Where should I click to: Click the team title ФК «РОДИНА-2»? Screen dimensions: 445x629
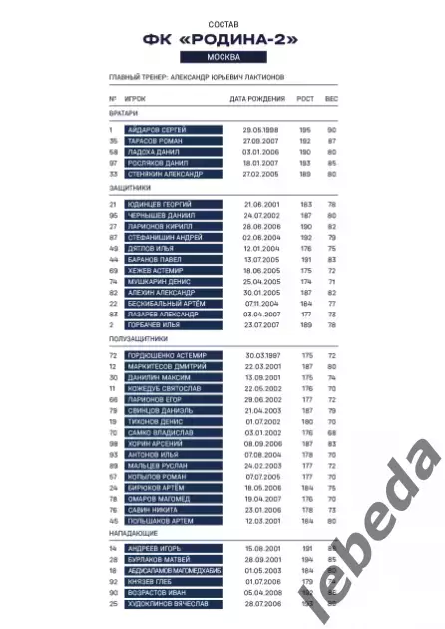point(222,39)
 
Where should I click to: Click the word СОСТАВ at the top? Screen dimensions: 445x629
point(222,21)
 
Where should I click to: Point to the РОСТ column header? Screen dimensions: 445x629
point(304,100)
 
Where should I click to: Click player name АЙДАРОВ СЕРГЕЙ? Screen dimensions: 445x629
point(160,130)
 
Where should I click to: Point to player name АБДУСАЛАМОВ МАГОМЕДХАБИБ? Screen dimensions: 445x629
point(180,572)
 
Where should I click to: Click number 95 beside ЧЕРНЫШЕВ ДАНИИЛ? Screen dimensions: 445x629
point(113,215)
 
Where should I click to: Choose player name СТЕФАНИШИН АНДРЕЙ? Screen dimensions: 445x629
point(165,237)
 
